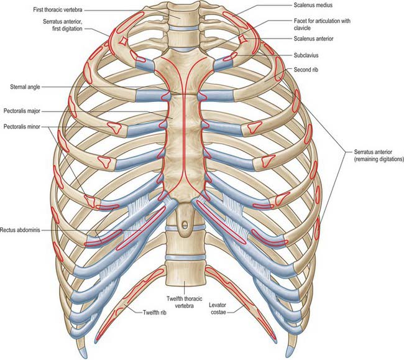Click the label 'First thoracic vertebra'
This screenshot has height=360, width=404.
(x=58, y=10)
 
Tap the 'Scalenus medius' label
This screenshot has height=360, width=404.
(x=313, y=5)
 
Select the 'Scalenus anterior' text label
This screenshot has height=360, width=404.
(x=313, y=39)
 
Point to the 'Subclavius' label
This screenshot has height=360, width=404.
(x=306, y=55)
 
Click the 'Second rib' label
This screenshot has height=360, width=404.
(x=306, y=70)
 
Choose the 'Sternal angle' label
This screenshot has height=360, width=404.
(x=25, y=87)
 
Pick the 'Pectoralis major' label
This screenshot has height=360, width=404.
(x=22, y=111)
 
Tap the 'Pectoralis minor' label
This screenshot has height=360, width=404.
(x=22, y=126)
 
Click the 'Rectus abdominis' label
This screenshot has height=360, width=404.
(x=20, y=230)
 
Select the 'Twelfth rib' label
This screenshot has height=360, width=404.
(x=155, y=313)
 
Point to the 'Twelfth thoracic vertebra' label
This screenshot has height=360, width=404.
(x=184, y=302)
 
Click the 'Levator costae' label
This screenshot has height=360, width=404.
(x=218, y=308)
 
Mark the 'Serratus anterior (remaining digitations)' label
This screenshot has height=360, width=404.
(x=379, y=155)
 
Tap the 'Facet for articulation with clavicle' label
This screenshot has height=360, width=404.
(x=322, y=24)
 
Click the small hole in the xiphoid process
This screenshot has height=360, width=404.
(x=185, y=224)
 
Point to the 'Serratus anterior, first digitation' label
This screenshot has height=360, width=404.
(x=63, y=25)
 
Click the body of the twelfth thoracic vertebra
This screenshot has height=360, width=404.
(x=185, y=273)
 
